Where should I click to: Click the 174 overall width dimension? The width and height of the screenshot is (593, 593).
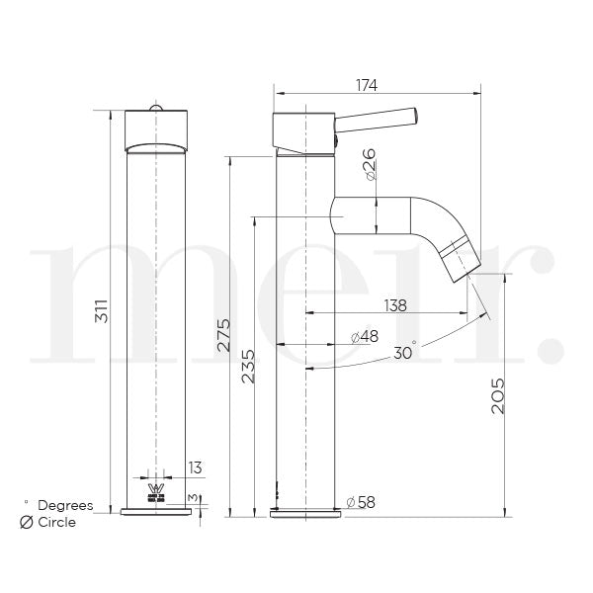click(366, 85)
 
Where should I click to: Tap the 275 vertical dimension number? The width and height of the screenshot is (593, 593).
click(222, 333)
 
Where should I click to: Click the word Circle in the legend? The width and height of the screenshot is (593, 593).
click(56, 522)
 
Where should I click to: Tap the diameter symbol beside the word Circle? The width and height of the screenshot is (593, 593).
click(27, 522)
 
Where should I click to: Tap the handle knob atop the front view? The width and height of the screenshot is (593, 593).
click(155, 107)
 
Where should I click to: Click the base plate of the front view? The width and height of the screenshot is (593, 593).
click(155, 512)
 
